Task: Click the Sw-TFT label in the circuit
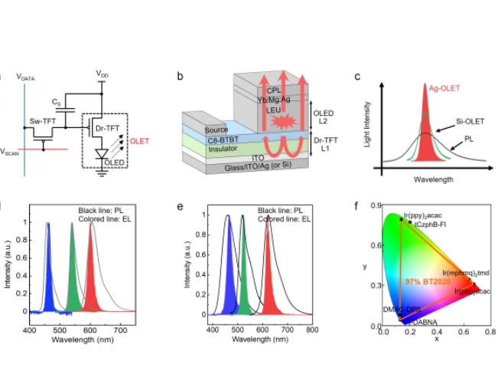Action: (41, 121)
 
